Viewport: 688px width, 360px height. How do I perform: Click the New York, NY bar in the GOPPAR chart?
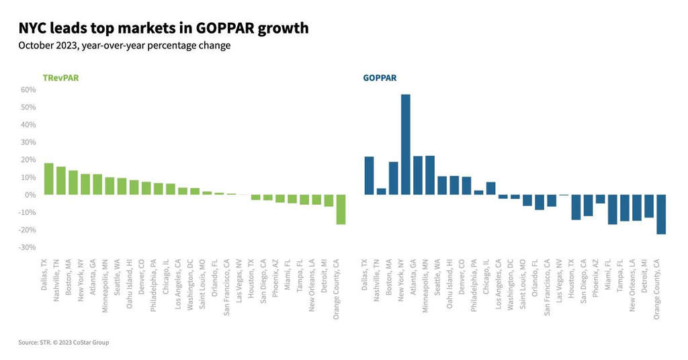(405, 144)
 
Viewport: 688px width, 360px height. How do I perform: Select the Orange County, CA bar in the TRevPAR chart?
(341, 210)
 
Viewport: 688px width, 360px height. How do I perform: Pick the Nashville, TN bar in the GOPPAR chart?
(381, 191)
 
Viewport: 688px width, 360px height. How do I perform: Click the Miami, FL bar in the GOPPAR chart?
(612, 209)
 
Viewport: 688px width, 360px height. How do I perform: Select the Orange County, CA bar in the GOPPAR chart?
(660, 214)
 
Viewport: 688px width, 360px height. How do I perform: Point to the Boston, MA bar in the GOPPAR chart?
(393, 178)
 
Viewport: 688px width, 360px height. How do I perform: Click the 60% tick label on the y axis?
(28, 90)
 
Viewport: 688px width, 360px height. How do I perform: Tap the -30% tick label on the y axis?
(26, 247)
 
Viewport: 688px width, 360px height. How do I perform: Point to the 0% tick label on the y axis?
(30, 195)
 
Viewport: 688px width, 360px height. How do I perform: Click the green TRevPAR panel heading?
(61, 78)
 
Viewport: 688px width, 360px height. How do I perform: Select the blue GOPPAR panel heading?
(380, 78)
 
